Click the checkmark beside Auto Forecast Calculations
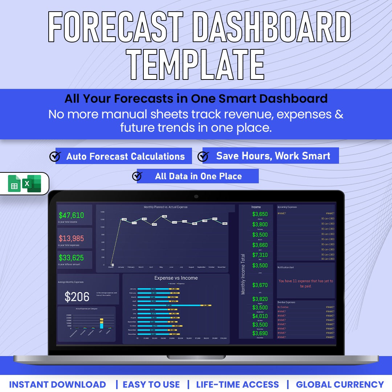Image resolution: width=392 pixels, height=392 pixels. (55, 156)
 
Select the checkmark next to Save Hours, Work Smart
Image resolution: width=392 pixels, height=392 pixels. (203, 156)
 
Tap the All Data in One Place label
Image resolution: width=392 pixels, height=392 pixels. (198, 176)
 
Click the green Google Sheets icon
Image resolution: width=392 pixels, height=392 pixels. (15, 184)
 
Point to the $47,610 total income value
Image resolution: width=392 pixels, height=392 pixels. (71, 215)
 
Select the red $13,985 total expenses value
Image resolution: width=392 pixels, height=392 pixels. (71, 238)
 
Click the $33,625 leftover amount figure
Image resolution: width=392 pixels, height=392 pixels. (71, 258)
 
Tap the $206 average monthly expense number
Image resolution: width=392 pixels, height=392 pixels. (77, 297)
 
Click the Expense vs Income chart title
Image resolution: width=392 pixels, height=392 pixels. (176, 278)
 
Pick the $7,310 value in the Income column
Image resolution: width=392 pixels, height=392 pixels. (260, 255)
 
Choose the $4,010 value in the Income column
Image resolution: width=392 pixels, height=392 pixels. (260, 316)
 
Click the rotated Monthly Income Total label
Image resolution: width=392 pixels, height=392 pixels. (243, 274)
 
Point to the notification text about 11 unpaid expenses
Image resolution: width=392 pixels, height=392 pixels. (306, 283)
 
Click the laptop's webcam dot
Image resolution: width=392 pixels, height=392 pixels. (196, 196)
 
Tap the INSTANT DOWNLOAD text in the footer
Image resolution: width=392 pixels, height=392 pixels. (57, 384)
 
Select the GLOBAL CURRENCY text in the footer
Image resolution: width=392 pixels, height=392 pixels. (340, 384)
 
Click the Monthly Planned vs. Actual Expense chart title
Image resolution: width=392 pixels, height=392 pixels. (166, 207)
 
